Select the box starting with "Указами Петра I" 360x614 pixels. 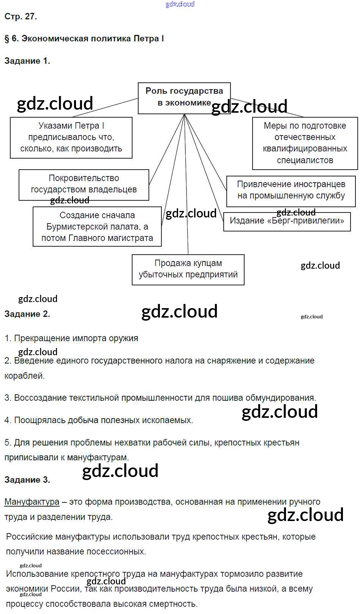[71, 137]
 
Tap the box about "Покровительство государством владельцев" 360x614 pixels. [84, 184]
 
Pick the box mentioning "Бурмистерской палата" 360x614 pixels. [97, 227]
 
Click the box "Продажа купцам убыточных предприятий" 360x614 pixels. [188, 269]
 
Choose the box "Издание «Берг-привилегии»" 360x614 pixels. [287, 220]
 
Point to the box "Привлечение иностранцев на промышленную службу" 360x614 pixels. [291, 190]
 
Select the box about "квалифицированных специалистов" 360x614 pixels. [305, 143]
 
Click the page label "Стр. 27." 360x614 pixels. [21, 17]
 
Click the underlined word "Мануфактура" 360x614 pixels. [32, 502]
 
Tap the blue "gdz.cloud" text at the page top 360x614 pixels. [180, 4]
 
